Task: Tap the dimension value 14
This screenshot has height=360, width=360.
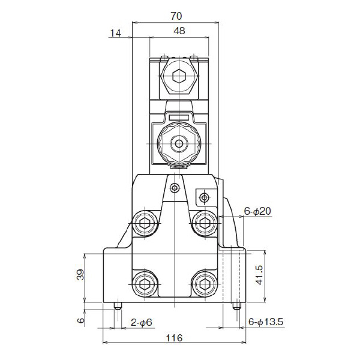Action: point(116,34)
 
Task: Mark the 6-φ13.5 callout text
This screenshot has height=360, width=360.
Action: point(266,323)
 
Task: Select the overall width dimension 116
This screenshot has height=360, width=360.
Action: point(173,339)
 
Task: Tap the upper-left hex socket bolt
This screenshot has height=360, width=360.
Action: point(144,223)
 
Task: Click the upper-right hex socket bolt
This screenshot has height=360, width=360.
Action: point(205,223)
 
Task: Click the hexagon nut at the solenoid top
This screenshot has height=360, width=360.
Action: point(178,77)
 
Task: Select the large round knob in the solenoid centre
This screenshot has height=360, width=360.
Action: point(178,143)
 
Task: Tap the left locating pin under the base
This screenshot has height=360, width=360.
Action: point(118,305)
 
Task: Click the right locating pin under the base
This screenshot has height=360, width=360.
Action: point(236,305)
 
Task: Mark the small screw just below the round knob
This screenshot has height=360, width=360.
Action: point(174,188)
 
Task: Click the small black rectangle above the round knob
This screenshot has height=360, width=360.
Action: point(178,116)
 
